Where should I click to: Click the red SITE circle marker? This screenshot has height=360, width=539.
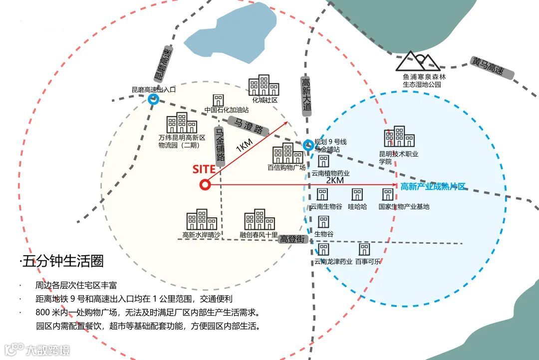(205, 185)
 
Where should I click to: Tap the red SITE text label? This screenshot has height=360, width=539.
(204, 169)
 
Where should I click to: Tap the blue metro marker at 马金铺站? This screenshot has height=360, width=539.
(308, 146)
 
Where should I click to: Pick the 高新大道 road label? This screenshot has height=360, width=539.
(306, 94)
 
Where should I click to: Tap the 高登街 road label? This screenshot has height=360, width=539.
(292, 239)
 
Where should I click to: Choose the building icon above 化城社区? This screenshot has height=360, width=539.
(264, 85)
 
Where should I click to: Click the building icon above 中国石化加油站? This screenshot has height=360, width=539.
(218, 100)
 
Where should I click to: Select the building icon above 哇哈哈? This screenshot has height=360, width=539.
(357, 194)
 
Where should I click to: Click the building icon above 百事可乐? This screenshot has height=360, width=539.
(364, 249)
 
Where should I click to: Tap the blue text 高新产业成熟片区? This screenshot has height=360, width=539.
(433, 186)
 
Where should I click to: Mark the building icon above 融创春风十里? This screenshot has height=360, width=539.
(259, 219)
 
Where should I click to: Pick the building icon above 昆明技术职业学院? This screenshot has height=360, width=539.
(399, 136)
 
